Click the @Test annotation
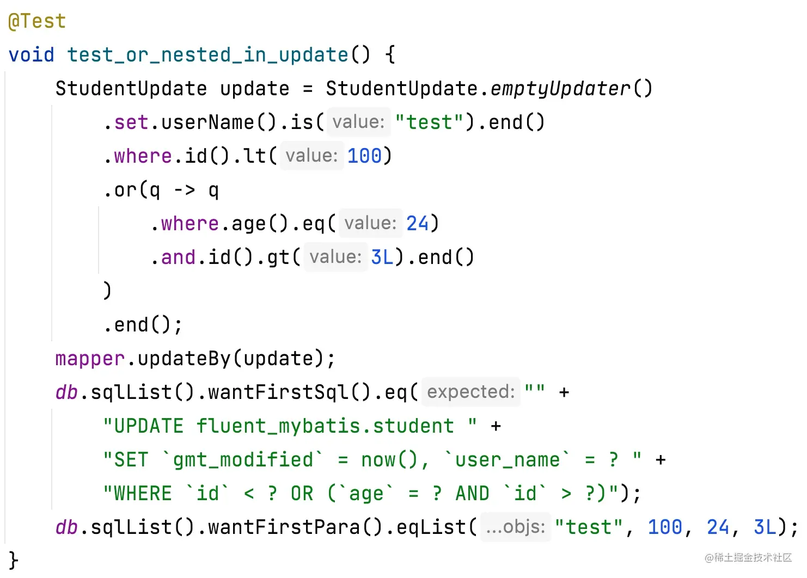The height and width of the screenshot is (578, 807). [37, 21]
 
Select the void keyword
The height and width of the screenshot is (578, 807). [32, 55]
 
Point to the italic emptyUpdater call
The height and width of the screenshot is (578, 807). [560, 89]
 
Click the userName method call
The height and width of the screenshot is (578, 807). [208, 122]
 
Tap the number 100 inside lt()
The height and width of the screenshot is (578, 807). [365, 156]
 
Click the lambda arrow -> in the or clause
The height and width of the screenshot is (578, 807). [185, 190]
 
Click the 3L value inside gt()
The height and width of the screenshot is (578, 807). [382, 257]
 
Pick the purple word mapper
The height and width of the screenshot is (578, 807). [90, 359]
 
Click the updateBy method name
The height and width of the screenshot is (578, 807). [184, 358]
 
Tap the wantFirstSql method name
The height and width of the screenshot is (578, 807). [279, 392]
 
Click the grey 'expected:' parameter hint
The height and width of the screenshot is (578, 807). [471, 392]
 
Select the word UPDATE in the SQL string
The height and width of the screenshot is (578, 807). [149, 426]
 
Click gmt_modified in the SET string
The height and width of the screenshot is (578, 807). [243, 460]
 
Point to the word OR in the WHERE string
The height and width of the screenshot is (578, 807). [302, 494]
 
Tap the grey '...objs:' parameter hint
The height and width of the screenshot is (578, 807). [516, 527]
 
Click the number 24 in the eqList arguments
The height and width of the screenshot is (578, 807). [718, 527]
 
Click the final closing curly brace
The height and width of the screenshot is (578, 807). [13, 561]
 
